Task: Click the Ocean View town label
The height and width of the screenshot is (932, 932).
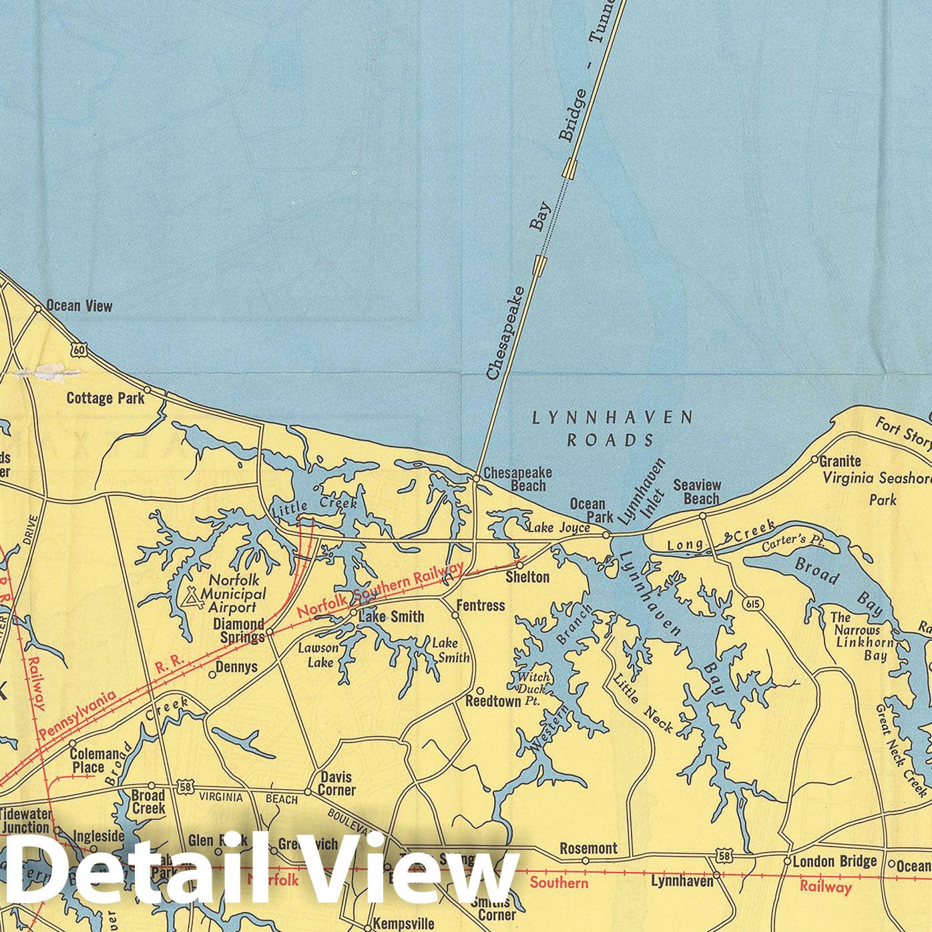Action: coord(79,306)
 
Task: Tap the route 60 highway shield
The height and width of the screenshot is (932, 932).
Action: coord(79,349)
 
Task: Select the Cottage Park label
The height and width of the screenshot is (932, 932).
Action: coord(105,398)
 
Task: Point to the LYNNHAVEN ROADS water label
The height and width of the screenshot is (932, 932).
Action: coord(612,429)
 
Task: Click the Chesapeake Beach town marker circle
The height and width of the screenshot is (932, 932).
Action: coord(476,478)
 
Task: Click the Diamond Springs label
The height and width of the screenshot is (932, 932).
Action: coord(239,630)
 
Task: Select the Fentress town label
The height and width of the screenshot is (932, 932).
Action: coord(481,606)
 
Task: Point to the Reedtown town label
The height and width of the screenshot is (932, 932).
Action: coord(493,701)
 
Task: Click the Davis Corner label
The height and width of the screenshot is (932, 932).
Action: coord(337,783)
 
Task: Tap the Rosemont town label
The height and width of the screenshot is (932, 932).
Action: coord(588,848)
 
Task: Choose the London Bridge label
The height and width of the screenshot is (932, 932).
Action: coord(835,861)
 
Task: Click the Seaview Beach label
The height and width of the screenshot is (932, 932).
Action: coord(697,492)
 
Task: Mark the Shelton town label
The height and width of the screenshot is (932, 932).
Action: coord(527,576)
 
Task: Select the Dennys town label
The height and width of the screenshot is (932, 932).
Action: coord(237,667)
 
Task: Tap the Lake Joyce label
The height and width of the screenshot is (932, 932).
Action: coord(559,528)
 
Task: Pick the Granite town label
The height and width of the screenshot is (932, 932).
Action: coord(841,461)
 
